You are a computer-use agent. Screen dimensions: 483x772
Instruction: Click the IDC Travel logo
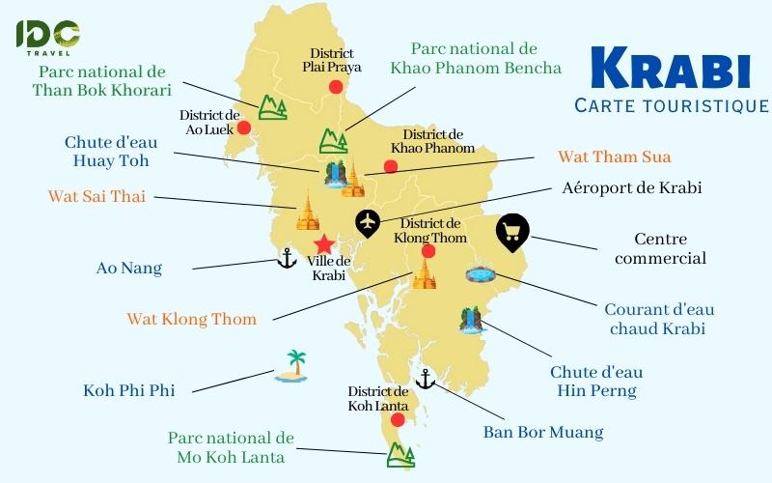pos(47,37)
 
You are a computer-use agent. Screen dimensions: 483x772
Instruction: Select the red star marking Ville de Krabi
pos(325,243)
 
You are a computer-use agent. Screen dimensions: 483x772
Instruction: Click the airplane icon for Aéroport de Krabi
pos(368,222)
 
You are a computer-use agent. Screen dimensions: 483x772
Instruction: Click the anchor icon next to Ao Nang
pos(287,257)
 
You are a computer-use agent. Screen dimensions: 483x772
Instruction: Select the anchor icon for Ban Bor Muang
pos(425,379)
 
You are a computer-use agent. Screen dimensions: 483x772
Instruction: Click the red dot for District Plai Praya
pos(335,87)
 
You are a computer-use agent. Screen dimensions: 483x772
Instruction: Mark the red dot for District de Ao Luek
pos(244,128)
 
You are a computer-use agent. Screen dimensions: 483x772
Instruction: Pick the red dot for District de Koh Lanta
pos(398,419)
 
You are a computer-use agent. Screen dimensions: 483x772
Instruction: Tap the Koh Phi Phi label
pos(127,391)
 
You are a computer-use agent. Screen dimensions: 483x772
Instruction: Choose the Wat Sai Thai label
pos(96,197)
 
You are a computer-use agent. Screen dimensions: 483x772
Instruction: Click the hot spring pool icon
pos(480,274)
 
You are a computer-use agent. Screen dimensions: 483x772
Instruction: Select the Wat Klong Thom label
pos(192,319)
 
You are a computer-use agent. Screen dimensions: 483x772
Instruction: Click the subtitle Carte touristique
pos(671,105)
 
